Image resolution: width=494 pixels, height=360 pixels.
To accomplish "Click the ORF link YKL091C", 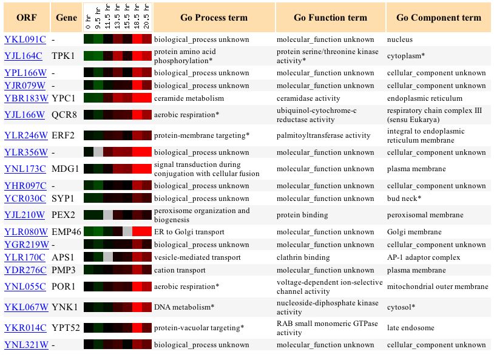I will pyautogui.click(x=25, y=39).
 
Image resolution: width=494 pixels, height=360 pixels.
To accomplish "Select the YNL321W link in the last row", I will pyautogui.click(x=26, y=345).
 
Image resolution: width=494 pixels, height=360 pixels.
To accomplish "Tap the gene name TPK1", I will pyautogui.click(x=63, y=56).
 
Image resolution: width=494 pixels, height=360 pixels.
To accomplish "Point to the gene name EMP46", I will pyautogui.click(x=66, y=232).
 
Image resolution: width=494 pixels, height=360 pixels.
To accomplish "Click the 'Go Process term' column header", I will pyautogui.click(x=214, y=18).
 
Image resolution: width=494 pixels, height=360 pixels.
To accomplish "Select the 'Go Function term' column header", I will pyautogui.click(x=330, y=18).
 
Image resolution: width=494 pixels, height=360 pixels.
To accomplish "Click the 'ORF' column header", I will pyautogui.click(x=26, y=18).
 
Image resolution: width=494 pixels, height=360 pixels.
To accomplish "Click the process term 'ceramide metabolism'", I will pyautogui.click(x=189, y=98).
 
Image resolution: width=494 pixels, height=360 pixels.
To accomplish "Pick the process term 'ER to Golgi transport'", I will pyautogui.click(x=189, y=232).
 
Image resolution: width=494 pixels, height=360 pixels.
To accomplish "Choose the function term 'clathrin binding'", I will pyautogui.click(x=303, y=257).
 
